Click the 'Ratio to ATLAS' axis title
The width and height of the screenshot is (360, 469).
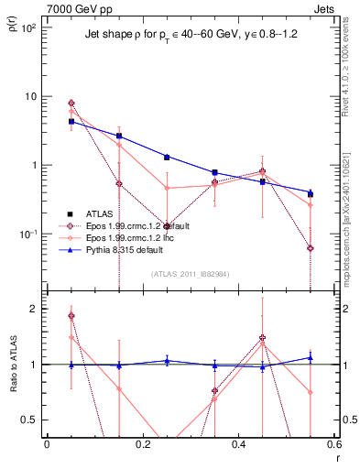[x=13, y=365]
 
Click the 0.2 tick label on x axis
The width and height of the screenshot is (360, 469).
[x=142, y=444]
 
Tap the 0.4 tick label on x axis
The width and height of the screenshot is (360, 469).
[x=238, y=444]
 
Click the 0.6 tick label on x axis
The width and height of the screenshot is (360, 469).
[x=333, y=444]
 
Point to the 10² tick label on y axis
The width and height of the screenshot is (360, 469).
[x=27, y=27]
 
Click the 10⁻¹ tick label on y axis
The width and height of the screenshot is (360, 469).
[x=27, y=234]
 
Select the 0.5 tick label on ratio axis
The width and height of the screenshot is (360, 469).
[x=29, y=420]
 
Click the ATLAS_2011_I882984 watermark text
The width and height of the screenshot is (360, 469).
[x=190, y=274]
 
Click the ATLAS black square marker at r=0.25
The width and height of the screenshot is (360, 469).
[x=167, y=158]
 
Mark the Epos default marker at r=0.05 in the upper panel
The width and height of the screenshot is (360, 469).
[x=71, y=104]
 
